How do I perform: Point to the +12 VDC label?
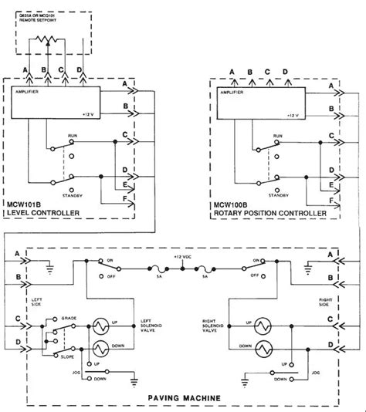181,257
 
